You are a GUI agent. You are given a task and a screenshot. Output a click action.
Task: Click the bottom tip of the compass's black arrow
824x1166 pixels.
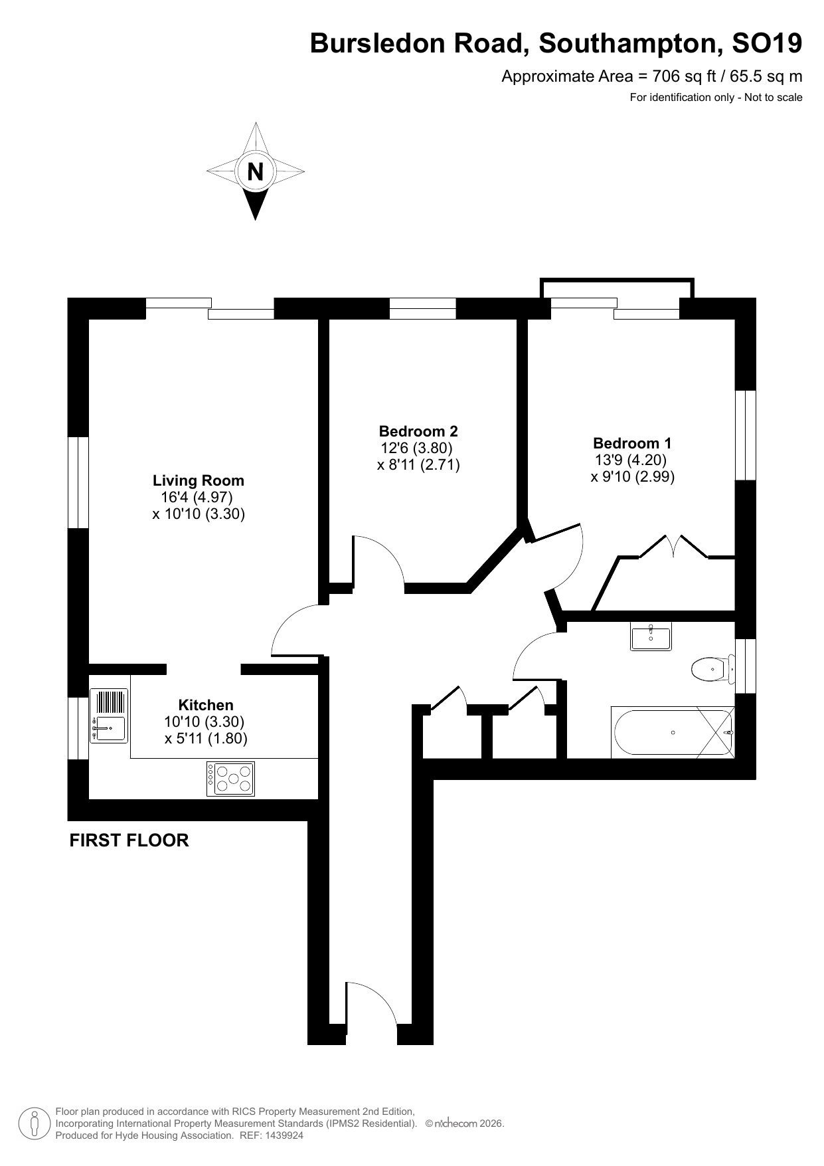(255, 220)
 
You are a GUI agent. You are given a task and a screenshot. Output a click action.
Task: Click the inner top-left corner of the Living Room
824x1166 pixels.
(89, 320)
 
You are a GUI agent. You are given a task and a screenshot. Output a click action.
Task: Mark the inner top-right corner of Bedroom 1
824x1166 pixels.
(735, 320)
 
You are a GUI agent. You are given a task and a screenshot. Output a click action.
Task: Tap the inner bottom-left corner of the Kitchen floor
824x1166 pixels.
(89, 799)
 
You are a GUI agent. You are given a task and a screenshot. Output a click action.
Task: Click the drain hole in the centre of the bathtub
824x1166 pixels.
(673, 733)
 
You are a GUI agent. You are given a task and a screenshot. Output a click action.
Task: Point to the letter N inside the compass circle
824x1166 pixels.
(255, 172)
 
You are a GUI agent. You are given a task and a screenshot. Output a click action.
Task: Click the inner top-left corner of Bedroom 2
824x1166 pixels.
(330, 320)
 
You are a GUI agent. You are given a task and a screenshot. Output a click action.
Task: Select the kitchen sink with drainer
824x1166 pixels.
(109, 716)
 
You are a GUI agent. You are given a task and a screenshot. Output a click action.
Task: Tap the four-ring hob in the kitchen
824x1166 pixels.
(230, 779)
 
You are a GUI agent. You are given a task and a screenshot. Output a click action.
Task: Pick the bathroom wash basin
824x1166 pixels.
(651, 636)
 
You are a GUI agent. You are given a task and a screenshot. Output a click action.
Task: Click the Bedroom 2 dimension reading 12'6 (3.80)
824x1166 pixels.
(416, 448)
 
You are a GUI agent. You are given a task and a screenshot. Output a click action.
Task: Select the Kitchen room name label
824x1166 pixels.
(206, 705)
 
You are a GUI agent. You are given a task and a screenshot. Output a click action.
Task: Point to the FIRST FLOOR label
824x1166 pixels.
(129, 840)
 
